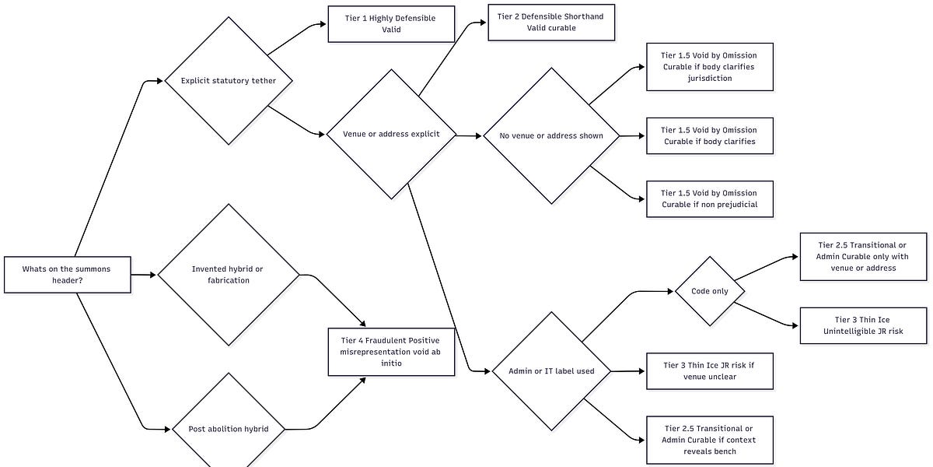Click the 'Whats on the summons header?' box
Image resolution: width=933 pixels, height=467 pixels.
click(67, 275)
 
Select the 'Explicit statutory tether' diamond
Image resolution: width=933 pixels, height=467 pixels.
click(228, 81)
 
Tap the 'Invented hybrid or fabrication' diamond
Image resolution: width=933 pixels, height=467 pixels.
click(228, 275)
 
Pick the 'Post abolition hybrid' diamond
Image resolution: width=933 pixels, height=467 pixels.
click(228, 429)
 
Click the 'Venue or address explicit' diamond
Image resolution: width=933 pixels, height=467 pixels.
click(391, 134)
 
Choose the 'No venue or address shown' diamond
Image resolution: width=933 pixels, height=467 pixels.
click(551, 135)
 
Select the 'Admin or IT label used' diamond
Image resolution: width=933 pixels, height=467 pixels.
click(551, 371)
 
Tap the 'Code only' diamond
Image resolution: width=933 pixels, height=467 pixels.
click(709, 291)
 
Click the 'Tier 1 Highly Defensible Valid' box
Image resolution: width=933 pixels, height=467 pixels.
click(391, 23)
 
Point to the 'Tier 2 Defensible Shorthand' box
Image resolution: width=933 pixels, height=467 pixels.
click(551, 22)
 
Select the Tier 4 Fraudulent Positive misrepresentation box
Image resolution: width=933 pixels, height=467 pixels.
click(391, 352)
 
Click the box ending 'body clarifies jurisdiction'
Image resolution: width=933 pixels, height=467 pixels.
click(709, 67)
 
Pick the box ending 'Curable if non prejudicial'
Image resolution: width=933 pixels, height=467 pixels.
click(709, 198)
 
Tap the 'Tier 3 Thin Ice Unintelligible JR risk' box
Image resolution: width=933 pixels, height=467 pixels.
click(863, 325)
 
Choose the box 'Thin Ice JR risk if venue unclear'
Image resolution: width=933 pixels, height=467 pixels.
click(709, 370)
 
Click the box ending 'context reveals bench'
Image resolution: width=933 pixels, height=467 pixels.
click(709, 440)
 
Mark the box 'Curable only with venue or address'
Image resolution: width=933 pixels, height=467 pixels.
click(863, 256)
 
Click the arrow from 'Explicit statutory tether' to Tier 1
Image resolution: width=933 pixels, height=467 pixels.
click(297, 37)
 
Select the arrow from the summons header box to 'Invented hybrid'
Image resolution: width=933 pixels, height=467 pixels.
click(144, 275)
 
